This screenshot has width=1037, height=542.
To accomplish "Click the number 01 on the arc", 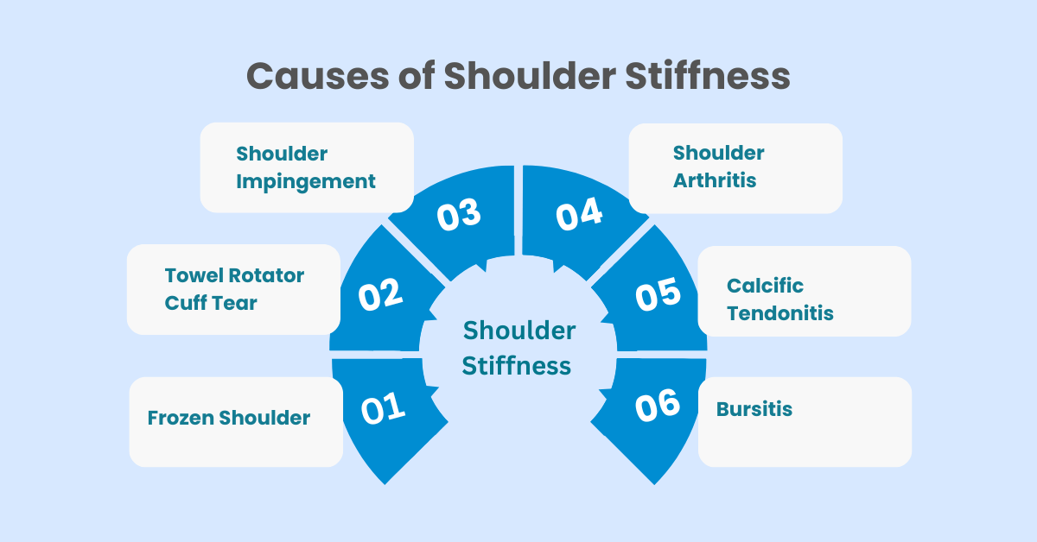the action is pyautogui.click(x=384, y=408).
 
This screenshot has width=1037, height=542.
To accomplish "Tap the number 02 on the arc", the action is pyautogui.click(x=380, y=294).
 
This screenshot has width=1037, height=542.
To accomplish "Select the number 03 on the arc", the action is pyautogui.click(x=459, y=214).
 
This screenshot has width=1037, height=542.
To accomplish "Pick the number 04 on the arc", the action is pyautogui.click(x=579, y=214).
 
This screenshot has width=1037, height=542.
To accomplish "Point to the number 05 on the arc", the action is pyautogui.click(x=658, y=294).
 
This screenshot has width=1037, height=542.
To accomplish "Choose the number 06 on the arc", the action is pyautogui.click(x=658, y=405).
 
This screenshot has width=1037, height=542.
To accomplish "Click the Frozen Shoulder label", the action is pyautogui.click(x=229, y=418).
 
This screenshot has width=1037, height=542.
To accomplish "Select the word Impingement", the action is pyautogui.click(x=306, y=182).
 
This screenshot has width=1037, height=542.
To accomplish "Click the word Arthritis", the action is pyautogui.click(x=715, y=180).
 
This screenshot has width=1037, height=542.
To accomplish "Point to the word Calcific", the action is pyautogui.click(x=765, y=286).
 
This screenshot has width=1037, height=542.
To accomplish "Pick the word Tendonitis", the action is pyautogui.click(x=780, y=313).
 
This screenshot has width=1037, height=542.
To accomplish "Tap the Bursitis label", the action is pyautogui.click(x=754, y=409).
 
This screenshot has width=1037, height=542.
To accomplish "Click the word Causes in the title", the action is pyautogui.click(x=318, y=76).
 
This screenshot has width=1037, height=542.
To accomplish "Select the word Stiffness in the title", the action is pyautogui.click(x=708, y=75).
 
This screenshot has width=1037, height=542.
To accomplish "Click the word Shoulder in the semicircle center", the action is pyautogui.click(x=519, y=331).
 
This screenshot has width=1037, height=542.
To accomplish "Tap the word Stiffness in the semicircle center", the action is pyautogui.click(x=516, y=365).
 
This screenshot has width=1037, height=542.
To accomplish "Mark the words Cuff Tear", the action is pyautogui.click(x=211, y=303).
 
